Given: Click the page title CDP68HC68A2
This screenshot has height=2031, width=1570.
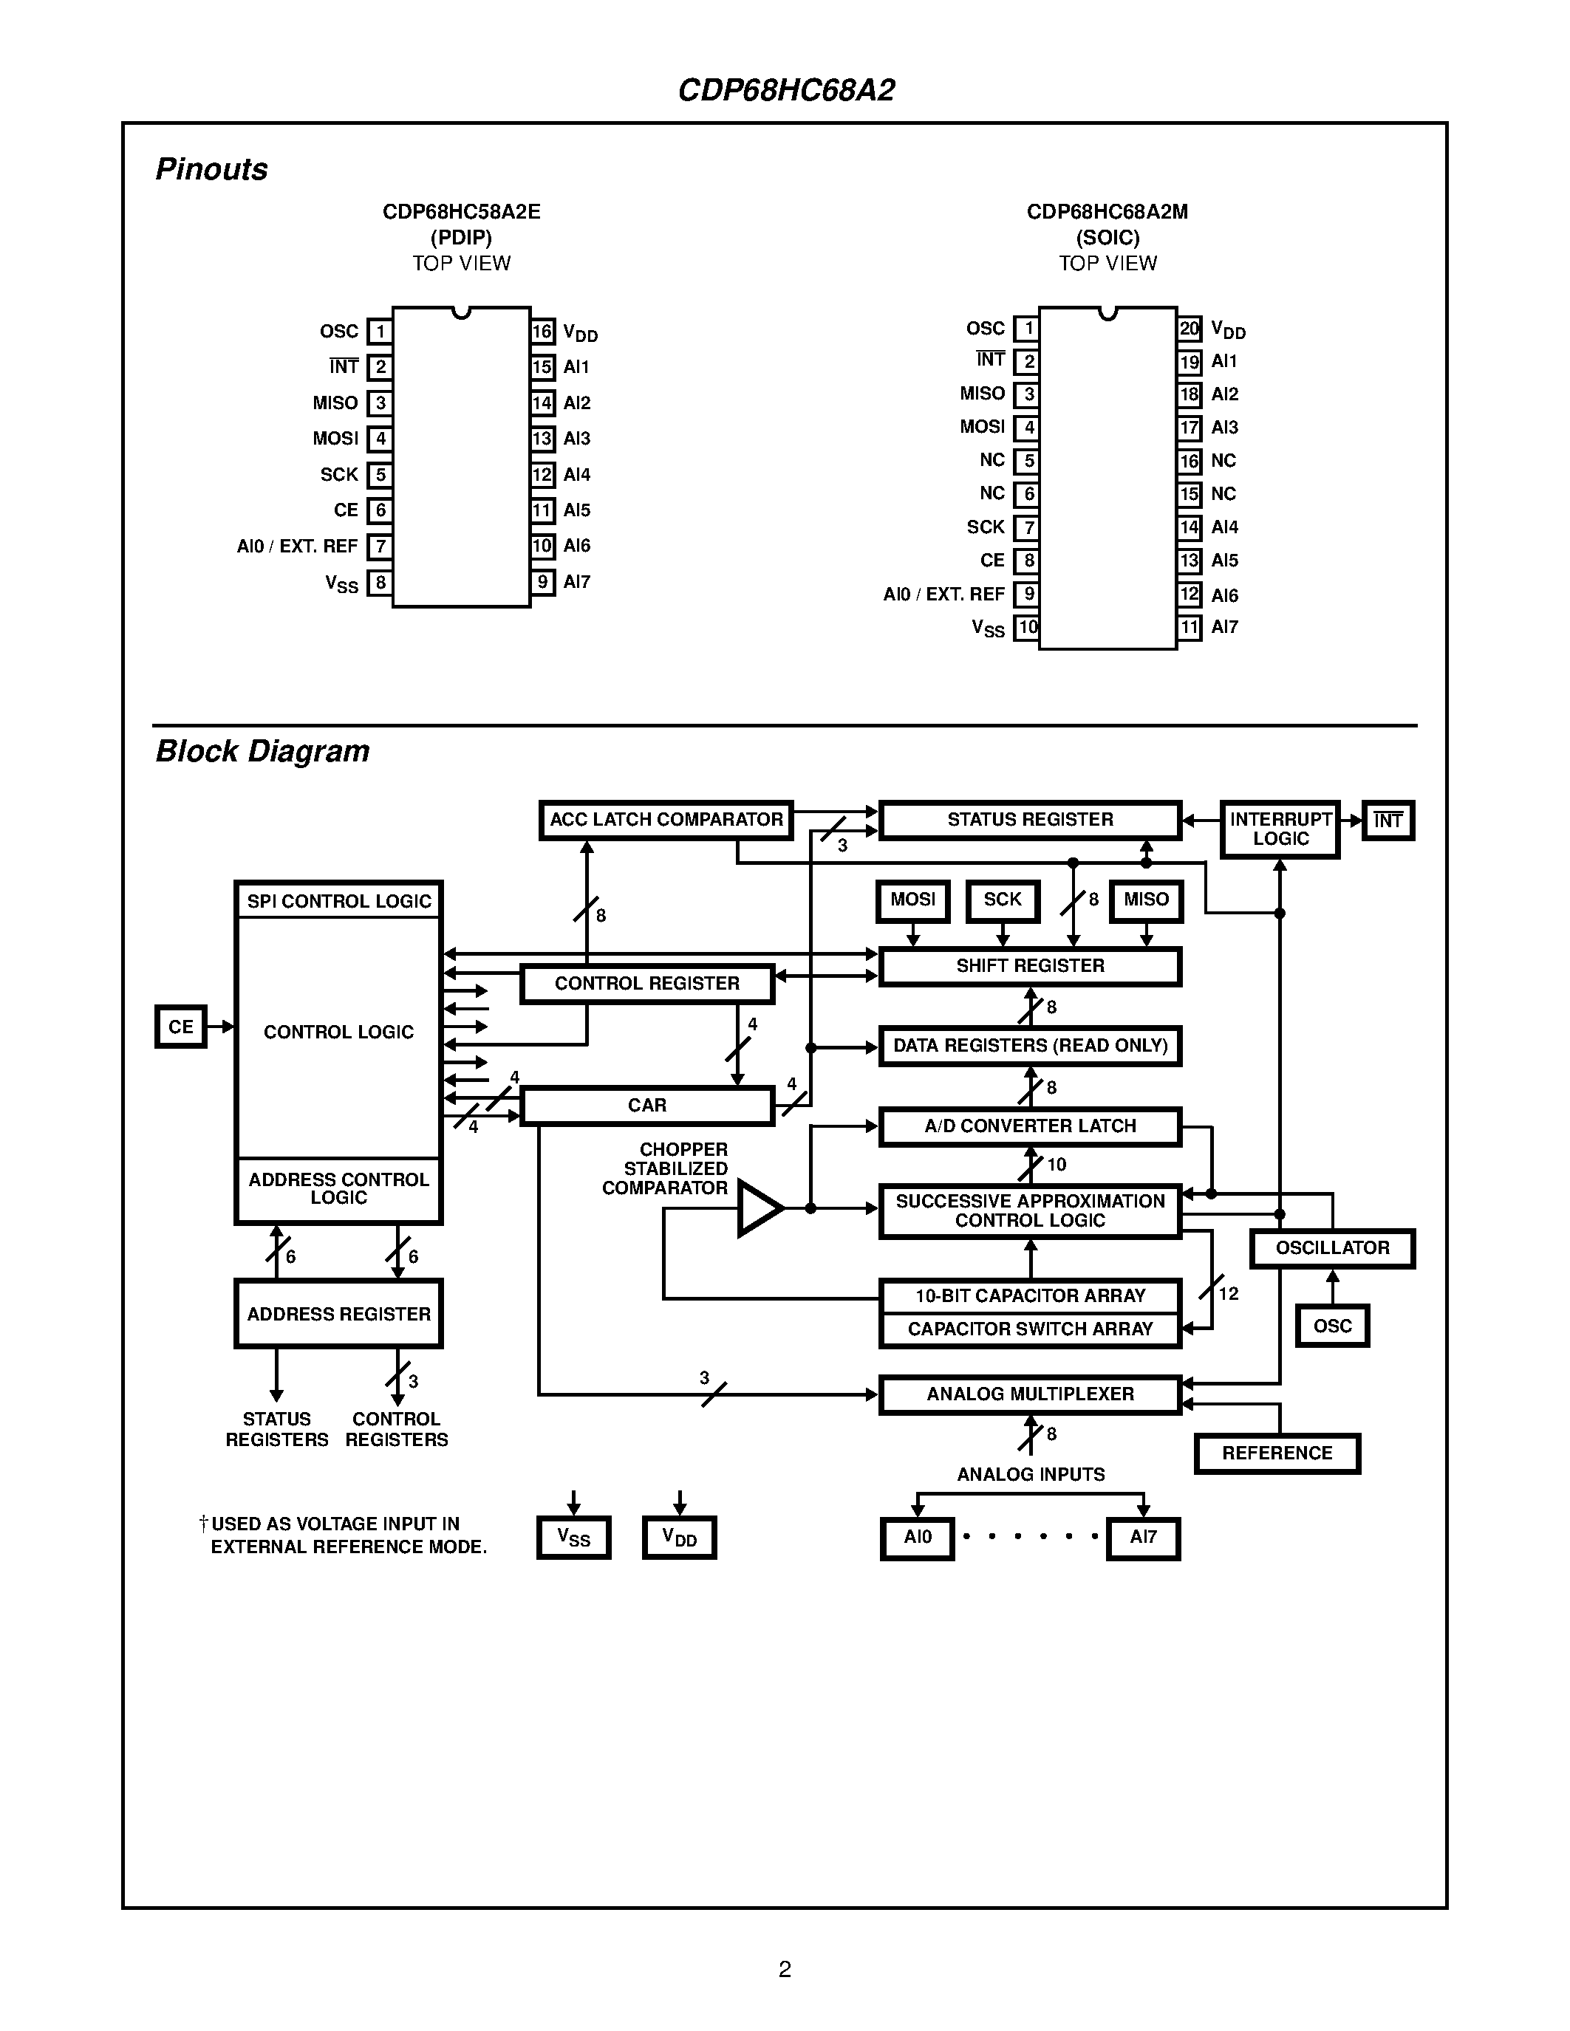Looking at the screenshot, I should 786,90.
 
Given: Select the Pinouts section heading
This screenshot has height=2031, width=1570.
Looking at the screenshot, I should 211,169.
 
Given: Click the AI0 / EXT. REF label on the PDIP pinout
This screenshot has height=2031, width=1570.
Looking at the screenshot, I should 298,547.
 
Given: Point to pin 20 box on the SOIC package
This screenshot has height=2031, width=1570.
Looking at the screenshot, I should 1189,328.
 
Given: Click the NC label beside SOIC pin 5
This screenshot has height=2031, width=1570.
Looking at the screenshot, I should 992,460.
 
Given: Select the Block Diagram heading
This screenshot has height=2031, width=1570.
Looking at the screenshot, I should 262,751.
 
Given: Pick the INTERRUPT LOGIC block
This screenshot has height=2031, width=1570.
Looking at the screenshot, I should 1280,829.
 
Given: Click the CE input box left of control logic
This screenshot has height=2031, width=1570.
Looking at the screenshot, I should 180,1027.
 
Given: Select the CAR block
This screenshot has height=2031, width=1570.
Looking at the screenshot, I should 646,1106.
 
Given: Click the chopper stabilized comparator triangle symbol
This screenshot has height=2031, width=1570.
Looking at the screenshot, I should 759,1208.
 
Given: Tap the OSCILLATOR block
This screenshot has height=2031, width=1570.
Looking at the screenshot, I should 1332,1248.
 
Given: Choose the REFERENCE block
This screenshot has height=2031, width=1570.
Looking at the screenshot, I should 1277,1453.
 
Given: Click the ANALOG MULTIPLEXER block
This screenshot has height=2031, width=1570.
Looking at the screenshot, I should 1030,1394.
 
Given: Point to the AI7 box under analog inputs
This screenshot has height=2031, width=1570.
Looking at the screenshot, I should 1143,1537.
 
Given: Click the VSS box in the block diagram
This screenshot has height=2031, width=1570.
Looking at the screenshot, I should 574,1537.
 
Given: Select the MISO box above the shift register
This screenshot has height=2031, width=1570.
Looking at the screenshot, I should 1146,900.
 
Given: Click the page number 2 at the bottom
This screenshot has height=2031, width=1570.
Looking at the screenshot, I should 785,1969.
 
